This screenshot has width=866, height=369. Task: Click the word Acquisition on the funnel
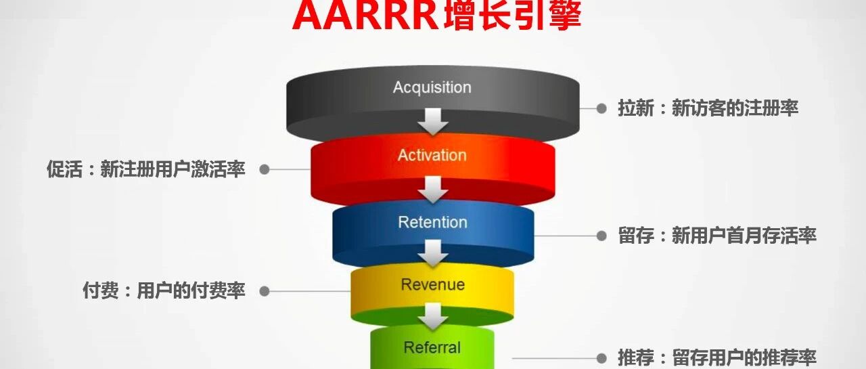coord(432,87)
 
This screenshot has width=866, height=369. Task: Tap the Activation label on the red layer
coord(432,155)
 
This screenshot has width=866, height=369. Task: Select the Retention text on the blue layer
coord(432,222)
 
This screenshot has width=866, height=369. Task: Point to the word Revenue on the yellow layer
coord(432,284)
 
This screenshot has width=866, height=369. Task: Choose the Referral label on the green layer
coord(432,347)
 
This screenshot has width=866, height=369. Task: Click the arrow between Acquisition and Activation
coord(433,123)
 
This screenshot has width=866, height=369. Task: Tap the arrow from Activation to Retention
coord(433,190)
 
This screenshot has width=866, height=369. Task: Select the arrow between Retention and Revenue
coord(433,254)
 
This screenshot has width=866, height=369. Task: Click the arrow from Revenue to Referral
coord(433,316)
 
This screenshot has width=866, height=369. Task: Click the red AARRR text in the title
coord(366,16)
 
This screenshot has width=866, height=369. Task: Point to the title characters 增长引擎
coord(512,16)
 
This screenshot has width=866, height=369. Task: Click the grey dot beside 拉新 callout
coord(601,108)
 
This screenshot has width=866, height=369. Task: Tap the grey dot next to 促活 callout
coord(265,169)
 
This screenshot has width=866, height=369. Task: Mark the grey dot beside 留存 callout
coord(601,236)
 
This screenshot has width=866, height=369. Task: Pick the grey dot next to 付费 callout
coord(265,291)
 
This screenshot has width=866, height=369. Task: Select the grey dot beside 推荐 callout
coord(601,357)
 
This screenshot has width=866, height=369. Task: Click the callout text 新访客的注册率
coord(735,108)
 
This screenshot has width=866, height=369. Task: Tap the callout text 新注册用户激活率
coord(173,169)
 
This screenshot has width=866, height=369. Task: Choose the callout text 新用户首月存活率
coord(744,236)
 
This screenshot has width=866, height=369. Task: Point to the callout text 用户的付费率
coord(191,291)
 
